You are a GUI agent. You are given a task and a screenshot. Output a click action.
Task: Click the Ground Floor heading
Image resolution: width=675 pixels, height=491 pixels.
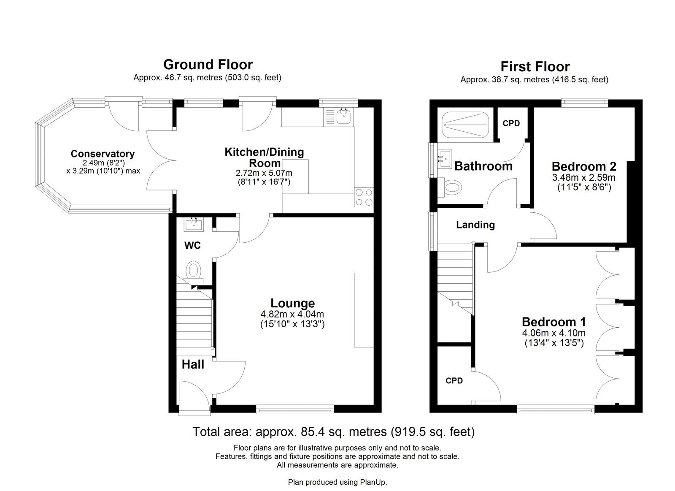(208, 65)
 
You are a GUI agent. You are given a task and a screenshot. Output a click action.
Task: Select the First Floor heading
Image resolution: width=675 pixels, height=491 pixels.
(535, 67)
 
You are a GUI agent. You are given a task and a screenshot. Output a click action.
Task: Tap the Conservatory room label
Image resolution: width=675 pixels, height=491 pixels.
(103, 154)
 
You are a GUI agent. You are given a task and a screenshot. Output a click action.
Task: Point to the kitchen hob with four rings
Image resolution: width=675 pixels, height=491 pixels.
(364, 196)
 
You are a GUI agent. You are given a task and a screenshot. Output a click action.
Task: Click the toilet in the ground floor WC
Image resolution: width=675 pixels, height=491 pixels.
(194, 270)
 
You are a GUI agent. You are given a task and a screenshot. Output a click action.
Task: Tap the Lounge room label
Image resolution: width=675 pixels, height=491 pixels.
(292, 303)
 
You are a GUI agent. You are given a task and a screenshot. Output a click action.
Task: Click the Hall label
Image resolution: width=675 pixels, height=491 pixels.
(193, 364)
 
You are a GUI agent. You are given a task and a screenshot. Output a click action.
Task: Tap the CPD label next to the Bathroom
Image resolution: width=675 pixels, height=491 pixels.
(511, 123)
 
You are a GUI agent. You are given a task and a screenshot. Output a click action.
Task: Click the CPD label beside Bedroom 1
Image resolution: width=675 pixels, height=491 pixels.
(454, 381)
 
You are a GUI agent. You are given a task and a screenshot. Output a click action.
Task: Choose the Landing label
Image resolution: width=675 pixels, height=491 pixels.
(475, 225)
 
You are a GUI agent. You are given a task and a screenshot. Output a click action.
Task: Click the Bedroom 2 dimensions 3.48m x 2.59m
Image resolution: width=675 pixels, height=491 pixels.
(583, 178)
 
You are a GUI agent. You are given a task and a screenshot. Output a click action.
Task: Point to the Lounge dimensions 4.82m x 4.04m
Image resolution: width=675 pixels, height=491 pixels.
(292, 314)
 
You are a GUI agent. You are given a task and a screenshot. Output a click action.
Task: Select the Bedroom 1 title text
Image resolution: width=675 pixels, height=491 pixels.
(553, 322)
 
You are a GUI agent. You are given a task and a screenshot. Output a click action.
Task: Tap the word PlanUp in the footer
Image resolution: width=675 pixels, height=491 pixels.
(373, 482)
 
